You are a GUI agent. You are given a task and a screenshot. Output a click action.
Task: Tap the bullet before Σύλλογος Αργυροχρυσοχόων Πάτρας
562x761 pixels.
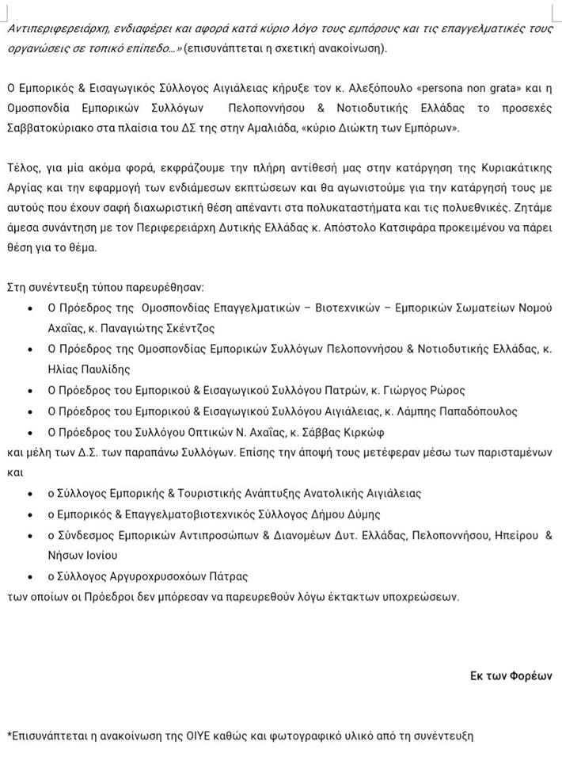click(x=30, y=576)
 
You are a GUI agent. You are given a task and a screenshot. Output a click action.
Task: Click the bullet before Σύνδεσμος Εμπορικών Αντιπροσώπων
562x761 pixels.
click(x=30, y=535)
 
